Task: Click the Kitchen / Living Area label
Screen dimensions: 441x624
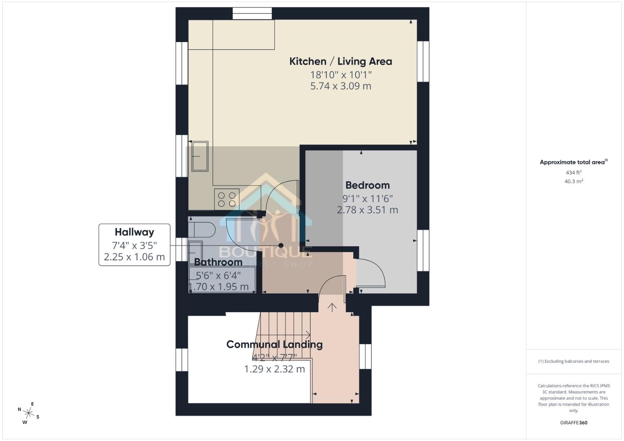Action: [340, 62]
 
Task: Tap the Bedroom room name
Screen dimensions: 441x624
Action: [367, 185]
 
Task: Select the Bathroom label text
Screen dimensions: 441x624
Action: [218, 262]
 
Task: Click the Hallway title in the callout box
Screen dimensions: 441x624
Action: [134, 232]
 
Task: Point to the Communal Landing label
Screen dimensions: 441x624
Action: [274, 345]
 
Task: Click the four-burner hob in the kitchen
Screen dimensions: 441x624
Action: [227, 199]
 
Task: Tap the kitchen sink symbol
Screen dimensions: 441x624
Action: [200, 156]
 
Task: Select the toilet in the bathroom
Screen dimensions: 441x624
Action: [203, 230]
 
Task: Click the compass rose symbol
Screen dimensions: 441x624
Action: [28, 413]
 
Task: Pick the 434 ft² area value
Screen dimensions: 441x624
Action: [573, 173]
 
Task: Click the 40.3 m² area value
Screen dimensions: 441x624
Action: [573, 181]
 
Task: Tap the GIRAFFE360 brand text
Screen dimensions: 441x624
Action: [573, 423]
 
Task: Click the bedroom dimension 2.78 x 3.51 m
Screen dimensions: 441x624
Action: [367, 210]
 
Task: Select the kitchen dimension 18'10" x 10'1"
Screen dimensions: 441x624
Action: [341, 75]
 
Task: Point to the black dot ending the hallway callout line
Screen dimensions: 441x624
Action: [281, 245]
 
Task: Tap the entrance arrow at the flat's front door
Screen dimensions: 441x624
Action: [332, 307]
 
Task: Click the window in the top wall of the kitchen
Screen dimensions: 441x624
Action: [252, 13]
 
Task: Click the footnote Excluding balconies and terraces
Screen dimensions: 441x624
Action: [573, 361]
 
